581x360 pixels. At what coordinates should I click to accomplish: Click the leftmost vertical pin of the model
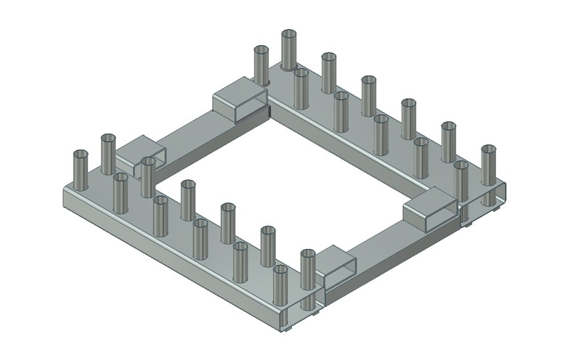pos(81,171)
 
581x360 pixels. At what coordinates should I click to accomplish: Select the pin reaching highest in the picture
pos(289,51)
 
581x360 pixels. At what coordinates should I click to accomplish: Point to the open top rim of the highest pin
pos(289,34)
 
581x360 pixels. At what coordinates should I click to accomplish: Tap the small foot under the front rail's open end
pos(288,330)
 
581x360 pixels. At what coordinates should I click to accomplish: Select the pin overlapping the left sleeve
pos(148,176)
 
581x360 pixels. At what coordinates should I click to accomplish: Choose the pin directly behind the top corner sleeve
pos(261,65)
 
